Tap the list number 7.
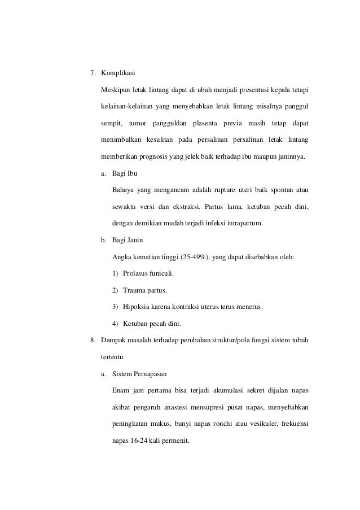(x=93, y=73)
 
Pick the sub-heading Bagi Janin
(x=128, y=239)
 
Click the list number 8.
(x=93, y=340)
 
